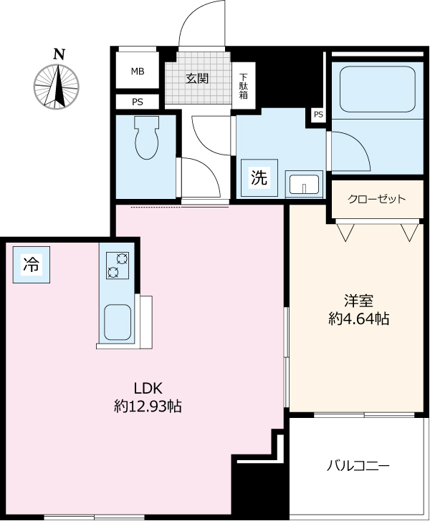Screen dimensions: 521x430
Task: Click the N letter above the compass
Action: pyautogui.click(x=59, y=53)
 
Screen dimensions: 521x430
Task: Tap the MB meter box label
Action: pyautogui.click(x=137, y=72)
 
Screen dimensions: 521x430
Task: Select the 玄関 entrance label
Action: pyautogui.click(x=197, y=79)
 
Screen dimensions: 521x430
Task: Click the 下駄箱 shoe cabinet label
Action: pyautogui.click(x=244, y=86)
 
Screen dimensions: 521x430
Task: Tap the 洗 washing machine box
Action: pyautogui.click(x=258, y=179)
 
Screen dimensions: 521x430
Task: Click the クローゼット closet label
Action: pyautogui.click(x=376, y=200)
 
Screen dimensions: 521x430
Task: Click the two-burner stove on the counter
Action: pyautogui.click(x=116, y=265)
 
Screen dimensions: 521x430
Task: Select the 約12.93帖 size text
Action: pyautogui.click(x=148, y=406)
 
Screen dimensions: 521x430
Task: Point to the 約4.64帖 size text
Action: pyautogui.click(x=358, y=319)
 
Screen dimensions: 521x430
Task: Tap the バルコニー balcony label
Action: pyautogui.click(x=358, y=466)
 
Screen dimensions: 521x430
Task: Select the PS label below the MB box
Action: pyautogui.click(x=137, y=102)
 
